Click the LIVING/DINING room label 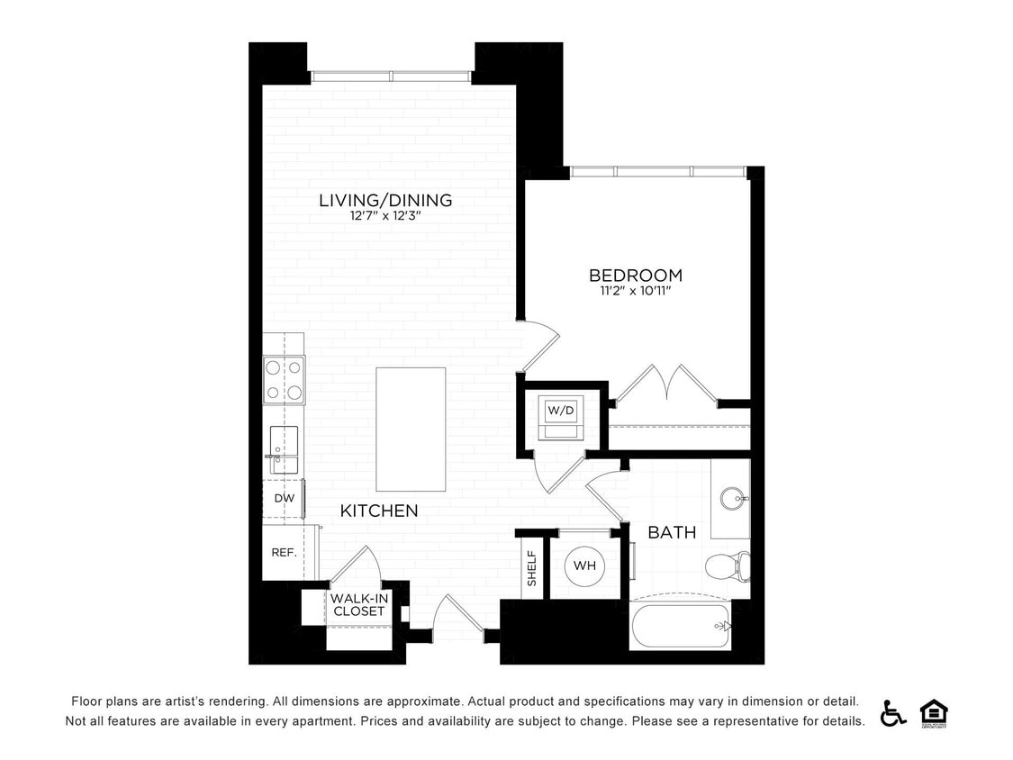coord(385,200)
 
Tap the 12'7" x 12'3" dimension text coord(385,216)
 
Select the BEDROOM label coord(636,275)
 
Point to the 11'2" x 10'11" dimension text coord(636,291)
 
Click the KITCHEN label coord(379,511)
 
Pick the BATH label coord(672,532)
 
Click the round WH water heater coord(584,566)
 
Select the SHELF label coord(531,568)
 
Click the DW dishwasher coord(284,498)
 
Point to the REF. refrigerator coord(285,552)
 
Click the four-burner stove coord(284,380)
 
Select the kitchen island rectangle coord(411,429)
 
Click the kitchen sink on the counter coord(285,448)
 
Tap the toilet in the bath coord(728,566)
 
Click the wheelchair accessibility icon coord(893,712)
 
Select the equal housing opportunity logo coord(934,712)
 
